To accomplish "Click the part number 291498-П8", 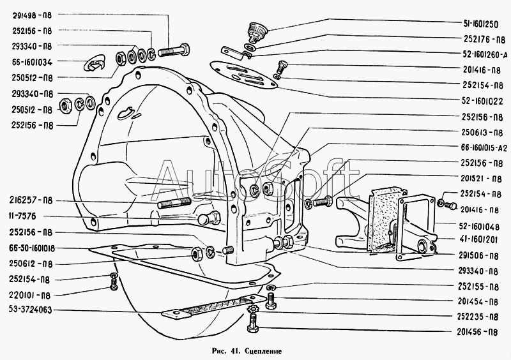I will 31,14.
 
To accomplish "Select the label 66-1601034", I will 31,62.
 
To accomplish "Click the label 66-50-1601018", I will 31,248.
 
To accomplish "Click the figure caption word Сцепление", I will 261,350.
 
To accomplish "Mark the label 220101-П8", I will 31,295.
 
